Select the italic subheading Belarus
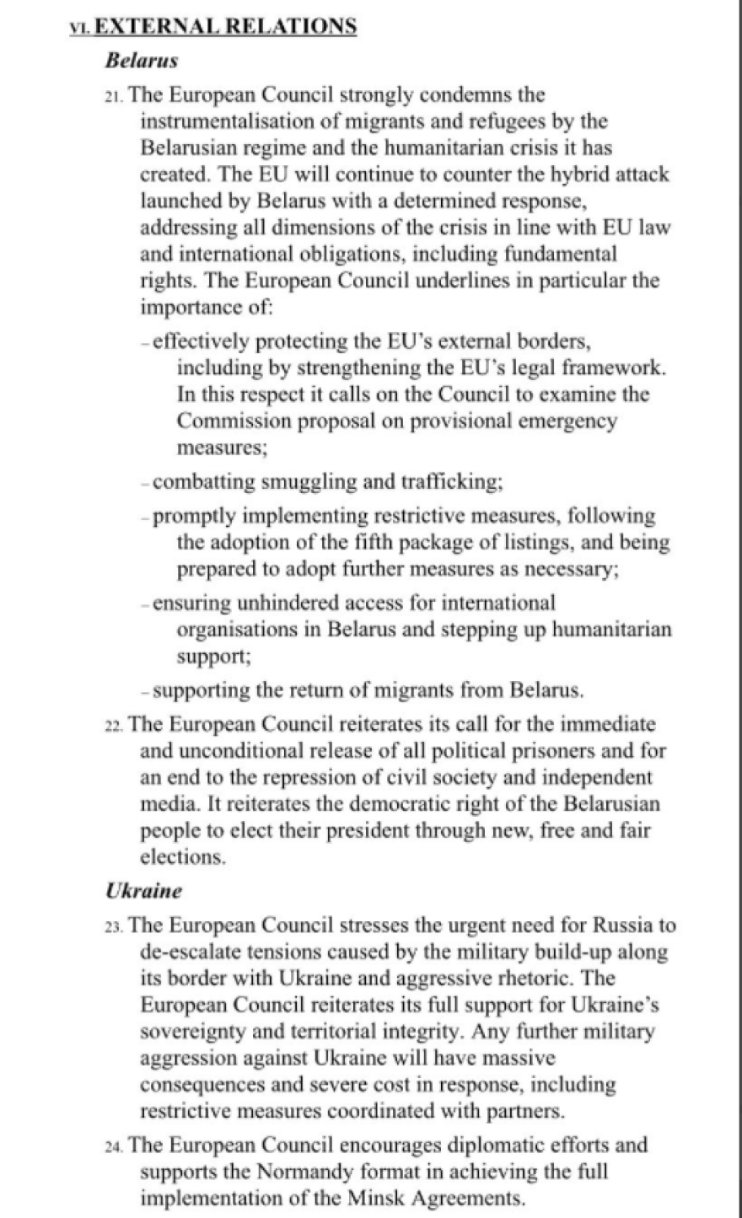(141, 61)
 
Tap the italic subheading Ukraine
(143, 890)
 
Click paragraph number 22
(114, 726)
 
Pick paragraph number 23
(114, 926)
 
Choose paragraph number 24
(114, 1146)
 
